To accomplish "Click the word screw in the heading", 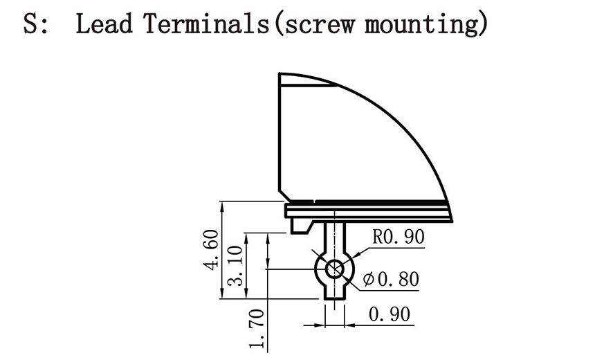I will [x=315, y=26].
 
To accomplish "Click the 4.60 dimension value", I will [x=212, y=250].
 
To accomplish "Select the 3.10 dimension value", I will [x=237, y=264].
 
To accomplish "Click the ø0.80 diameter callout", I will [x=390, y=280].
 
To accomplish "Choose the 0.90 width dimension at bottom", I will [x=389, y=315].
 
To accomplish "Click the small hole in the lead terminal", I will [x=335, y=269].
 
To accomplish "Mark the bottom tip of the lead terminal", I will [x=335, y=297].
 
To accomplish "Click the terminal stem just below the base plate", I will [x=335, y=232].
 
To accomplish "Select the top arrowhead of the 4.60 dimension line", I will [x=221, y=206].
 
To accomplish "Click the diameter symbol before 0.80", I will [x=368, y=280].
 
